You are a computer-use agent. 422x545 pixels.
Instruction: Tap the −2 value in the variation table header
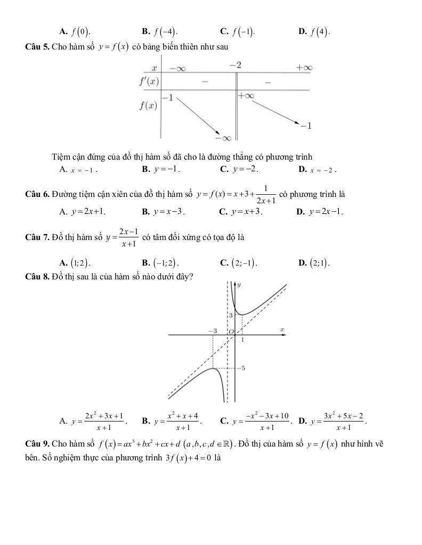point(236,65)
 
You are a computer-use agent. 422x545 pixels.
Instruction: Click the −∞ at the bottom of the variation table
point(223,138)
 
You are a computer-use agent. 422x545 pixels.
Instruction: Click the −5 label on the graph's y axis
point(242,368)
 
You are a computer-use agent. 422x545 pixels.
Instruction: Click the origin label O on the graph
point(231,332)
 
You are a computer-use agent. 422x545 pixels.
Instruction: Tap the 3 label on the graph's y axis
point(231,316)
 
